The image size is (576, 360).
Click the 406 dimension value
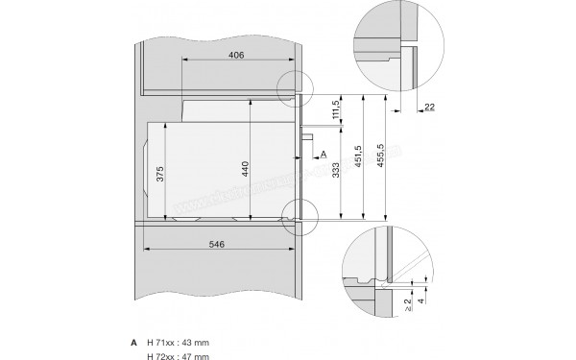click(x=237, y=56)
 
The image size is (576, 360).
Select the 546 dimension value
click(x=216, y=246)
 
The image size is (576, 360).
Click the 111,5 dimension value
click(x=334, y=112)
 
